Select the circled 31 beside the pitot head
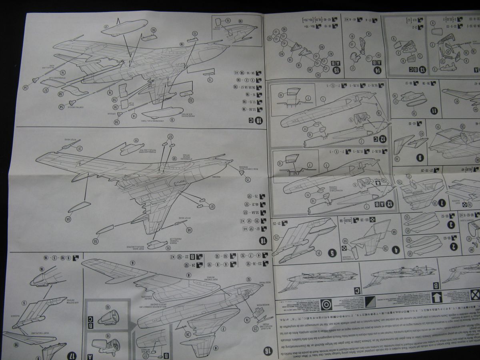tap(80, 149)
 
